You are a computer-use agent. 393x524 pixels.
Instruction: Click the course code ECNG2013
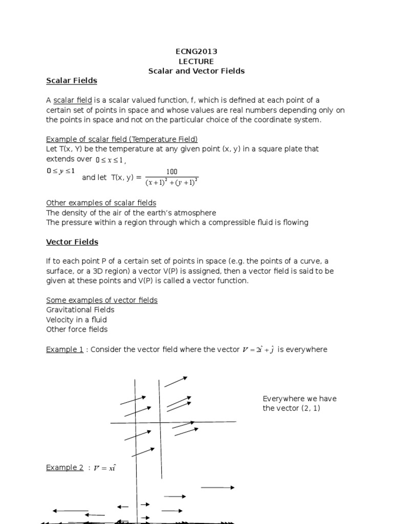pyautogui.click(x=196, y=51)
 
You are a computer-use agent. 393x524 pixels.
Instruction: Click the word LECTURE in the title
pyautogui.click(x=196, y=61)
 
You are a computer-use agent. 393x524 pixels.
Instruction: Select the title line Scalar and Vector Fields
pyautogui.click(x=196, y=71)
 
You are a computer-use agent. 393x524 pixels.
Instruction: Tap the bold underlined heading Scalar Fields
pyautogui.click(x=72, y=81)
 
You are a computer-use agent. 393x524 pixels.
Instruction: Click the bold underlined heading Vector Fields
pyautogui.click(x=72, y=242)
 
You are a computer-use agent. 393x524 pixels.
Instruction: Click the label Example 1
pyautogui.click(x=64, y=350)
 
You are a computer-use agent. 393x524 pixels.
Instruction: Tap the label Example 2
pyautogui.click(x=64, y=467)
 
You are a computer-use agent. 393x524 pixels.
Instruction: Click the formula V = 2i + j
pyautogui.click(x=257, y=350)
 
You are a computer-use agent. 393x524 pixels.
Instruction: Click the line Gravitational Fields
pyautogui.click(x=80, y=310)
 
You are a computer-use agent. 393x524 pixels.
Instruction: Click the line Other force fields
pyautogui.click(x=77, y=330)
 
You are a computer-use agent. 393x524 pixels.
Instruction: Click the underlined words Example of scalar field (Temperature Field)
pyautogui.click(x=122, y=139)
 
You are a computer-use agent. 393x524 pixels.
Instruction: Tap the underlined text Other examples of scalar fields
pyautogui.click(x=101, y=203)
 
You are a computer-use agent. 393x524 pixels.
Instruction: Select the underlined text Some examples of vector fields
pyautogui.click(x=102, y=300)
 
